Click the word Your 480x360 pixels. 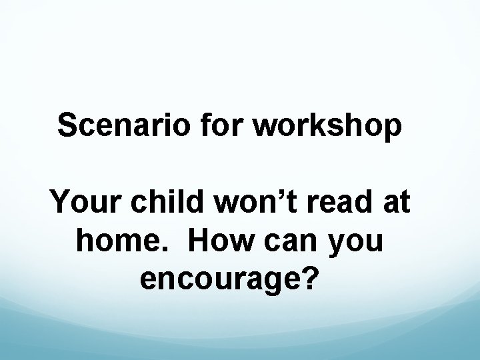click(x=86, y=202)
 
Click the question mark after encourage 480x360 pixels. click(x=307, y=278)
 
